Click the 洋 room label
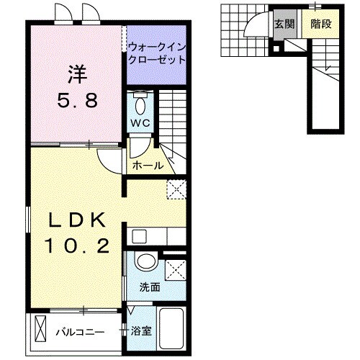[77, 73]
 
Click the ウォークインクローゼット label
[156, 53]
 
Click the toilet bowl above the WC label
[140, 103]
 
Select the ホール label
[148, 166]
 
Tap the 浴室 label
[141, 332]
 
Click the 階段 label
[320, 23]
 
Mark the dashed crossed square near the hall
[176, 189]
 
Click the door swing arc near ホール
[108, 163]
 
